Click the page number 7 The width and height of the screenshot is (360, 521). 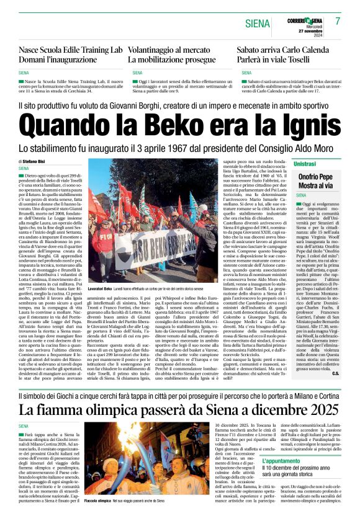click(338, 21)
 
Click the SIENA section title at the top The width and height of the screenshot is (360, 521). click(258, 24)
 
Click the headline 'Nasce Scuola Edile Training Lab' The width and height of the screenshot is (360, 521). click(70, 50)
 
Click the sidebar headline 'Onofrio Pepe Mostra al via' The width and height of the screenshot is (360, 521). click(317, 181)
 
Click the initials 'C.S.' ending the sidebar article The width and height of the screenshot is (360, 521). click(334, 355)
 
